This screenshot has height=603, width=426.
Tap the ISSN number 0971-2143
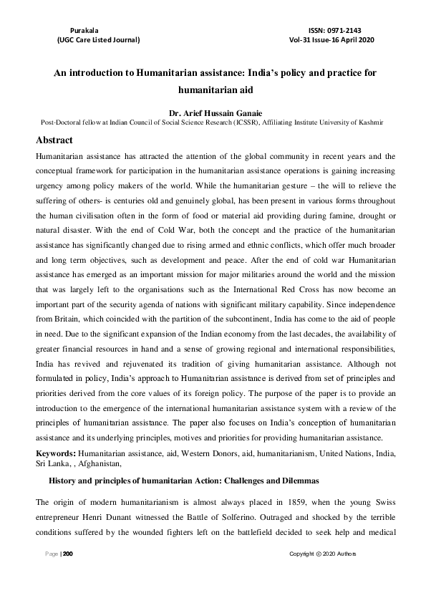(x=347, y=29)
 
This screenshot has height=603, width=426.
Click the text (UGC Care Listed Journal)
(x=98, y=41)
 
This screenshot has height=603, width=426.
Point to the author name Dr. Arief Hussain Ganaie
(x=213, y=112)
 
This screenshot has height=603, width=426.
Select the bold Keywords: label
(x=56, y=454)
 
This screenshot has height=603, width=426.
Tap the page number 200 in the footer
(x=68, y=554)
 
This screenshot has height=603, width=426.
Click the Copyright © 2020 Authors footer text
(x=322, y=554)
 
